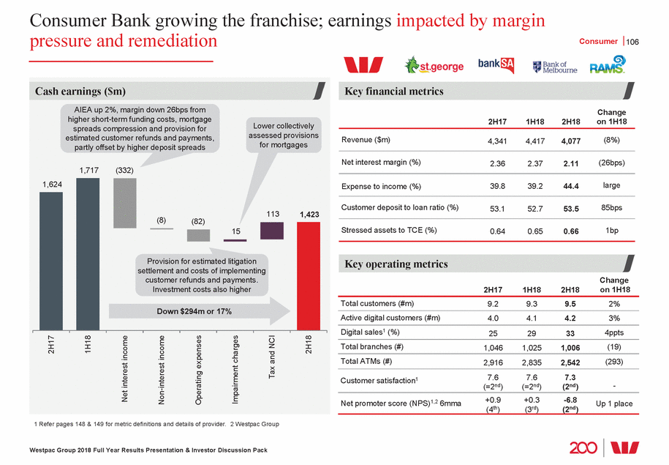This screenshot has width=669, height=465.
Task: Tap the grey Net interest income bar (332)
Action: coord(125,202)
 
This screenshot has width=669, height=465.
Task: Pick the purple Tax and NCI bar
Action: coord(272,231)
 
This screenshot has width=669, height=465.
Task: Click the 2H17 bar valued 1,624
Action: coord(51,260)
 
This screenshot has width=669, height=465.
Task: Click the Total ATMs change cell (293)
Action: coord(616,362)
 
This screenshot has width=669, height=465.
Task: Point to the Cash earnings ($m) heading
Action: coord(80,92)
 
